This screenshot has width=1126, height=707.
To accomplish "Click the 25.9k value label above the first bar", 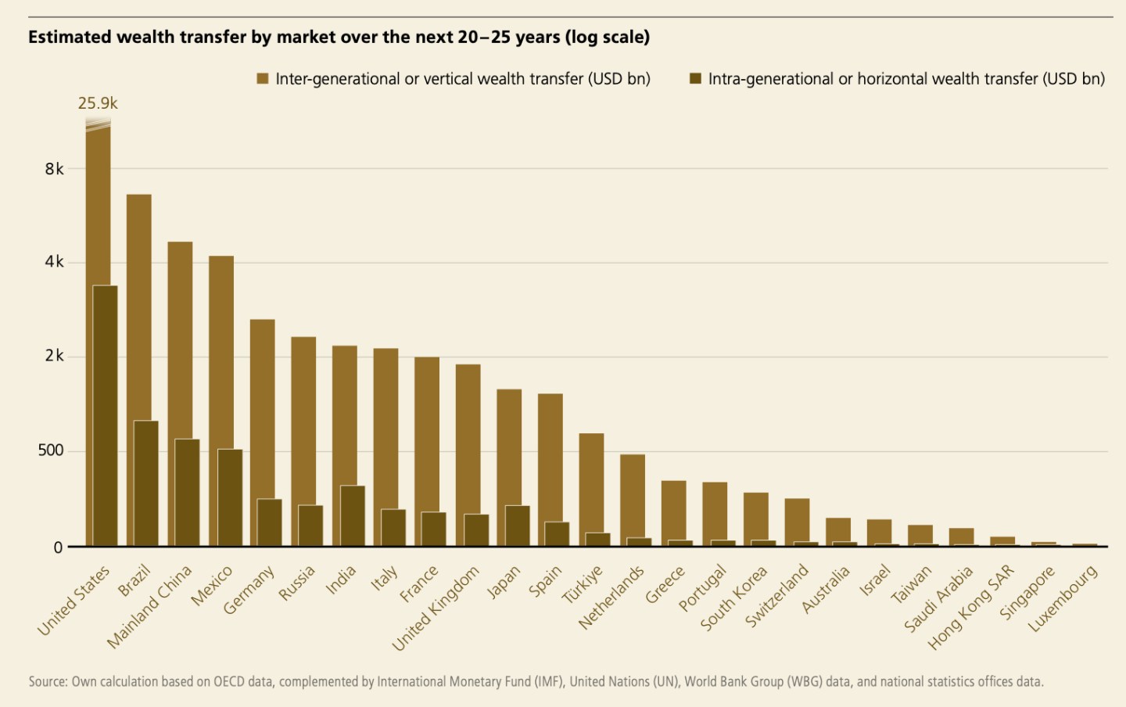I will [x=98, y=103].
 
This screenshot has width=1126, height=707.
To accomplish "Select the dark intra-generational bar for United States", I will [x=106, y=415].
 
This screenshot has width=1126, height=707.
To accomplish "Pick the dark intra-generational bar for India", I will [x=353, y=515].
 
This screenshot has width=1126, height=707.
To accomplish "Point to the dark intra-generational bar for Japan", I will [x=517, y=526].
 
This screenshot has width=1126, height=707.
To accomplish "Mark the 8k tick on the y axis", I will [x=54, y=169].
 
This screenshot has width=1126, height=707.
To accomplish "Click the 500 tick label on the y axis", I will [x=51, y=450].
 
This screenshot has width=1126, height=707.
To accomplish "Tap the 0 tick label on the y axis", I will [x=58, y=547].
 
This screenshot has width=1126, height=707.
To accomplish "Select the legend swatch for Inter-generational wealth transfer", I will [x=263, y=79].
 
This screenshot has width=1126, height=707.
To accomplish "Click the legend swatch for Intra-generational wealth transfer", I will [x=695, y=79].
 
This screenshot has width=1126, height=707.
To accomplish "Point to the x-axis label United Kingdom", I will [x=436, y=608].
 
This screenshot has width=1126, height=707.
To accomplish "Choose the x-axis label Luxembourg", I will [x=1063, y=599].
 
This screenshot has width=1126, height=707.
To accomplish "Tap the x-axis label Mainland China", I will [x=149, y=607].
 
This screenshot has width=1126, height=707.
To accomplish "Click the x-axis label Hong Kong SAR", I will [x=970, y=607].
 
